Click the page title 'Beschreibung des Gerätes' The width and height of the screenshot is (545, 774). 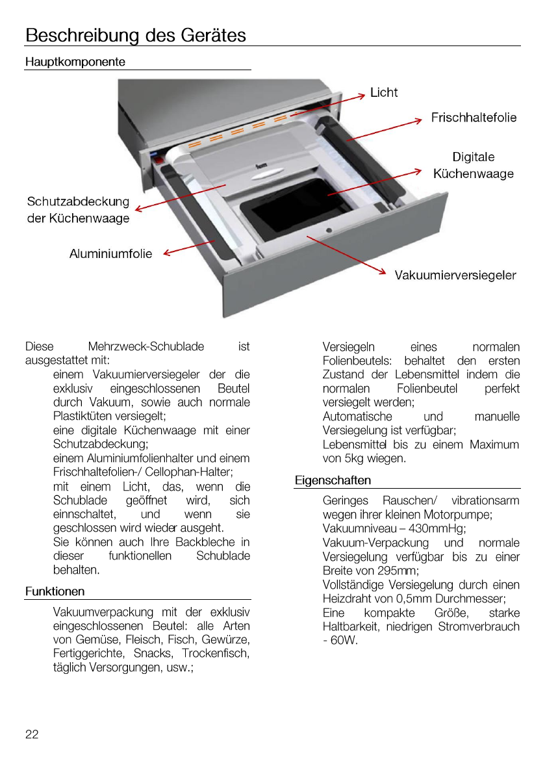[136, 34]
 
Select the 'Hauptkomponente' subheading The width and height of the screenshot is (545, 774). [75, 62]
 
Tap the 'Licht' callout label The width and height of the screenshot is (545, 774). [384, 92]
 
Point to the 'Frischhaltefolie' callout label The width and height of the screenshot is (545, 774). [474, 118]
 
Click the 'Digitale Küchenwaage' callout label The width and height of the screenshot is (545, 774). [474, 165]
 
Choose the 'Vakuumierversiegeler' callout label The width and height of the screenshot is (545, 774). [455, 275]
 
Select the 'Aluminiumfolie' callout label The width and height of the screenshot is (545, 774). [111, 253]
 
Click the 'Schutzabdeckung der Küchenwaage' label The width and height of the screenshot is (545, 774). [79, 210]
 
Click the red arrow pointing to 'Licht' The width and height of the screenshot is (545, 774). [328, 105]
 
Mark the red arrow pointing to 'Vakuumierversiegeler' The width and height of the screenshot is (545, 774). [348, 255]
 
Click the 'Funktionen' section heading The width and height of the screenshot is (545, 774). [55, 591]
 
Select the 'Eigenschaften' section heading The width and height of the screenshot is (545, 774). [333, 480]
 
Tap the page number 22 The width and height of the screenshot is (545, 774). [32, 734]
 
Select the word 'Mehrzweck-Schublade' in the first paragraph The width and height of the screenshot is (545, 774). [146, 347]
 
